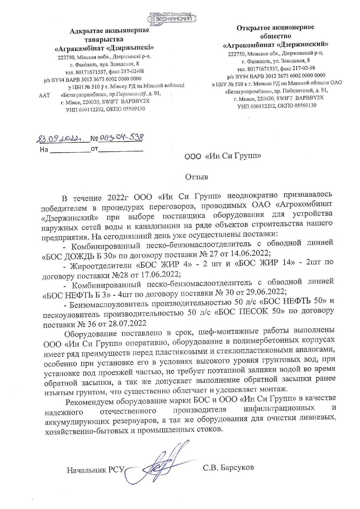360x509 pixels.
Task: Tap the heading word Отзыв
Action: coord(197,177)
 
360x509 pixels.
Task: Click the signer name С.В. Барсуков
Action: coord(228,467)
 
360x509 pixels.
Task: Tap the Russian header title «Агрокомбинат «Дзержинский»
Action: coord(275,45)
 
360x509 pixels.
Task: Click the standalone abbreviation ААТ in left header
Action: coord(44,95)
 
